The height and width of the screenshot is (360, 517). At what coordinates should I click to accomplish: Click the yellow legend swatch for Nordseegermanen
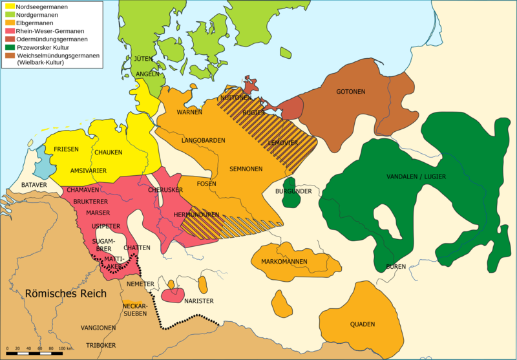coord(10,6)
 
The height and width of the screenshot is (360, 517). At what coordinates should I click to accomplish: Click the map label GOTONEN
coord(350,92)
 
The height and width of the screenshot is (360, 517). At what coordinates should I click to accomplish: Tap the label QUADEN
coord(363,324)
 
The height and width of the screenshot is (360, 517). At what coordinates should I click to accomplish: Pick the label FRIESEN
coord(66,149)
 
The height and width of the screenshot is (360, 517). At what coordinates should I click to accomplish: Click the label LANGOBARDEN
coord(203,140)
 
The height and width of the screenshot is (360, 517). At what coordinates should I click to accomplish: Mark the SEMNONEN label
coord(246,169)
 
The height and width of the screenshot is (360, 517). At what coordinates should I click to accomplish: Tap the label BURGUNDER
coord(293,191)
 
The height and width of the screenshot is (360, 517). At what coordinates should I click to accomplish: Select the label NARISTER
coord(198,301)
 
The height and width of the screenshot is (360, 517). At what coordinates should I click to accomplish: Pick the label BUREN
coord(396,266)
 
